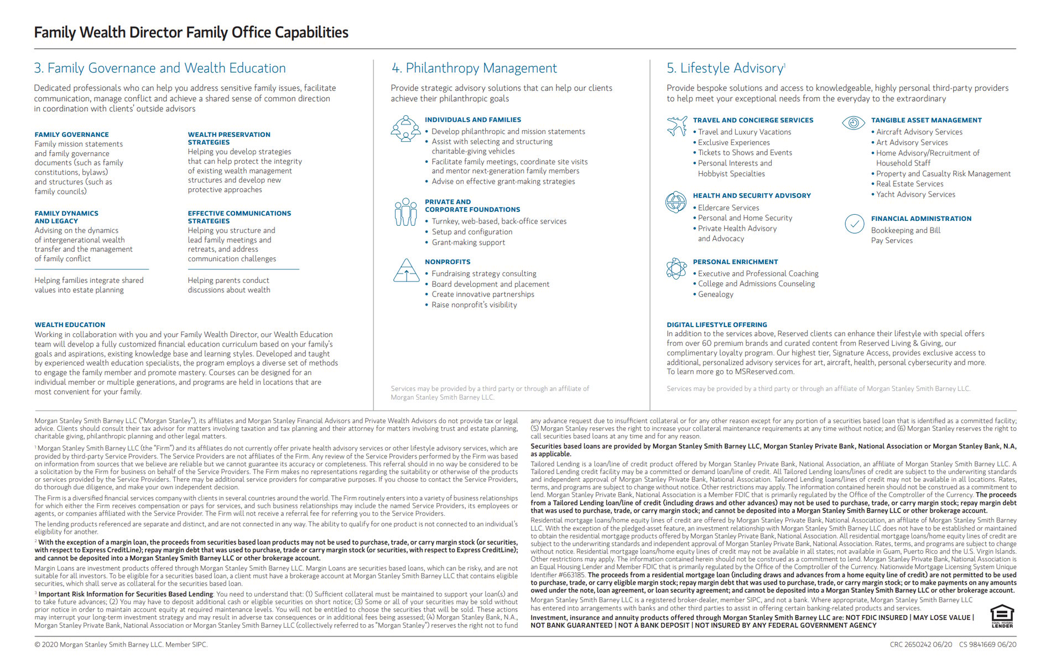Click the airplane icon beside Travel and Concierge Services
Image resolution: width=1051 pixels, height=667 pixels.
(x=677, y=126)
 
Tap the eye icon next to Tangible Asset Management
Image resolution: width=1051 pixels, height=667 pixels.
(x=853, y=122)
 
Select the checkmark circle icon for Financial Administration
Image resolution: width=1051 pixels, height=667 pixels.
(x=855, y=224)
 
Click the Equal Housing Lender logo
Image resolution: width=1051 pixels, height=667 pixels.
(x=1002, y=616)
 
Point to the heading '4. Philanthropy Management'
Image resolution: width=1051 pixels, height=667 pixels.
(x=474, y=68)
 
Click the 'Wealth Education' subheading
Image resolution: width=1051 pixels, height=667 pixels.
(x=70, y=325)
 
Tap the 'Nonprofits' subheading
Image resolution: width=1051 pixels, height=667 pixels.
(x=448, y=262)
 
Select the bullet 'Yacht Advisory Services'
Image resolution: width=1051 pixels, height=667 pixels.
(x=915, y=194)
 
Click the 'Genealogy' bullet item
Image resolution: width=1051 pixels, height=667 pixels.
(x=715, y=294)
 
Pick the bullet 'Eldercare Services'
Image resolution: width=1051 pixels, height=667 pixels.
(x=728, y=208)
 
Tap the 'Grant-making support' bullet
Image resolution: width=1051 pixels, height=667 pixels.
(x=468, y=242)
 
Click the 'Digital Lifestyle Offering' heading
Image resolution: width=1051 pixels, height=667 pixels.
(x=716, y=325)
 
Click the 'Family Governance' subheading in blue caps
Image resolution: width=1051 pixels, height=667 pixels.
(x=71, y=135)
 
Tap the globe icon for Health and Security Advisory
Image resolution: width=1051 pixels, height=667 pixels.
(x=676, y=202)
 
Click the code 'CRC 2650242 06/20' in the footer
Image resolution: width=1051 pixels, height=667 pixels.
(x=920, y=644)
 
